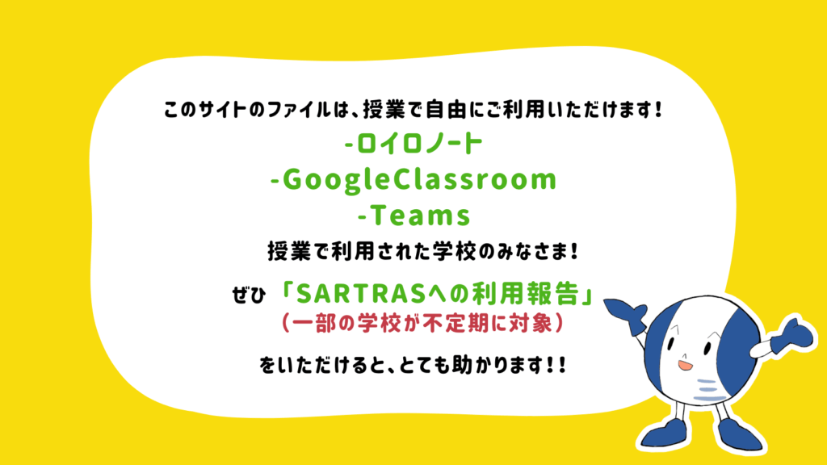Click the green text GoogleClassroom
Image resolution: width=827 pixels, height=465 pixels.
[x=420, y=180]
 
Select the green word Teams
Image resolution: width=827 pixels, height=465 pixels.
[x=421, y=215]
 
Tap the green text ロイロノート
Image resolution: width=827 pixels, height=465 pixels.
[x=419, y=144]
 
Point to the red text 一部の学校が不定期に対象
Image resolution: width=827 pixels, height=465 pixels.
[x=423, y=323]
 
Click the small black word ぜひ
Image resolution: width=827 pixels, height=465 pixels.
[x=249, y=295]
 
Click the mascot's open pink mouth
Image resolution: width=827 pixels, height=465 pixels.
[x=685, y=365]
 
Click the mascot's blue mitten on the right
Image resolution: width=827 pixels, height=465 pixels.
[x=794, y=337]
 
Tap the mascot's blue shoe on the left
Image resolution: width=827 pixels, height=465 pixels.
[x=666, y=434]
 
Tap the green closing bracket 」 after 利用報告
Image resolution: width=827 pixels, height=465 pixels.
[x=586, y=294]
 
